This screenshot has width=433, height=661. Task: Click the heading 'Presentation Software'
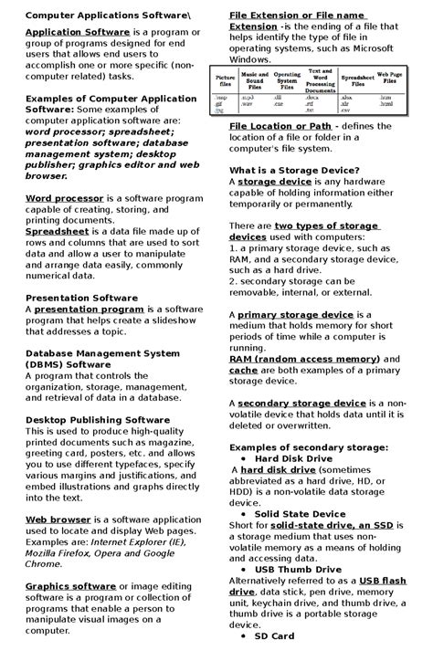(81, 298)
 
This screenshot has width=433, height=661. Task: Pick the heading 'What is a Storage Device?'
(293, 171)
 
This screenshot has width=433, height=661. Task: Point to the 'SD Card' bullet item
(274, 635)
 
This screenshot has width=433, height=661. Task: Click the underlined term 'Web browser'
(57, 519)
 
